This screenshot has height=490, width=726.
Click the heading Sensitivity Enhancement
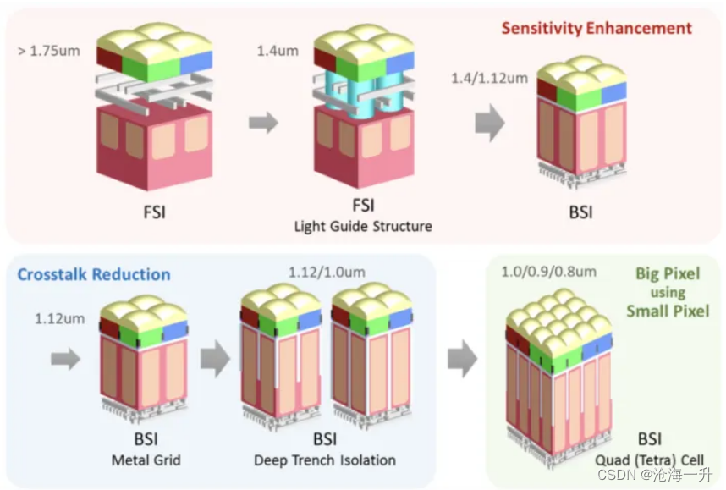(597, 28)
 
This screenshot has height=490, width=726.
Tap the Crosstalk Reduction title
(94, 274)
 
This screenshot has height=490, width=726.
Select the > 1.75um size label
(48, 51)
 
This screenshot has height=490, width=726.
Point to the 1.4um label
(278, 51)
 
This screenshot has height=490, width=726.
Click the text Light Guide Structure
(363, 226)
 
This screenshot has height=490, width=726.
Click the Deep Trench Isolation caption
(324, 460)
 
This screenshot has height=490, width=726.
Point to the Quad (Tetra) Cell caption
(649, 460)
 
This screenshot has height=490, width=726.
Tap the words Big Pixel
(669, 274)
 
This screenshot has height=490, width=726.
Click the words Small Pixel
(667, 311)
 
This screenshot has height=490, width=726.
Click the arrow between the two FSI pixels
(264, 124)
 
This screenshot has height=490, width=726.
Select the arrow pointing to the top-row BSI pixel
(488, 124)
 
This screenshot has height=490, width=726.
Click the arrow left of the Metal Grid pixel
(64, 361)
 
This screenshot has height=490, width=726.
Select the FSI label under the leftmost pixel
(153, 210)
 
